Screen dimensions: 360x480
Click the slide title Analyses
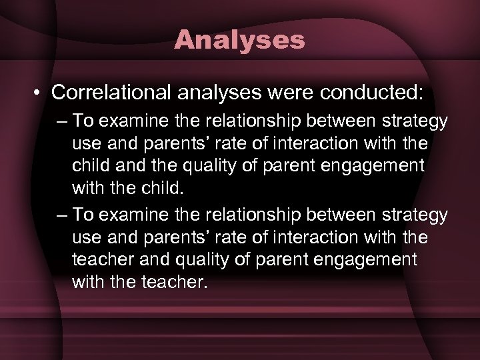[239, 40]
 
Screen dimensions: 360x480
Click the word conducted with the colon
[371, 93]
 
